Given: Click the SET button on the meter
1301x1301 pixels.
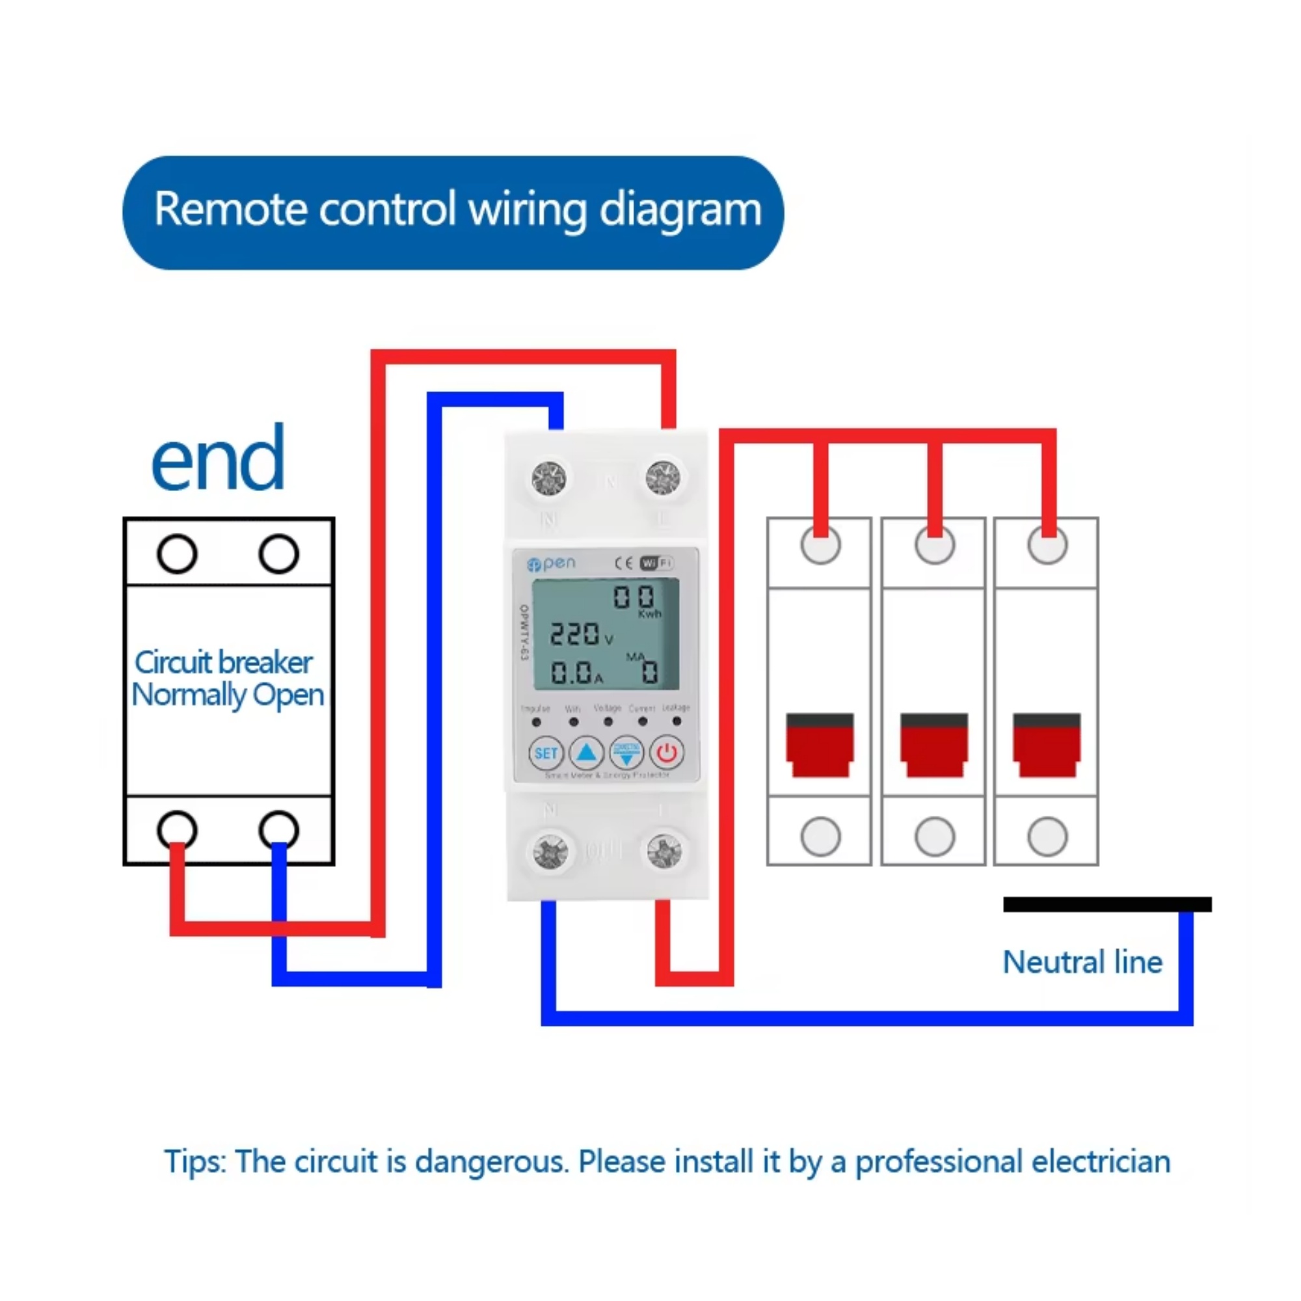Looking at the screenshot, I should pos(546,753).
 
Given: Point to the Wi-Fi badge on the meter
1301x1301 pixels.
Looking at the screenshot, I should pos(656,563).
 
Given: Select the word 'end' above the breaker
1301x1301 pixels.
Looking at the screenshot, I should pos(217,459).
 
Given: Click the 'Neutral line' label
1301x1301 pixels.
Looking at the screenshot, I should pos(1082,962).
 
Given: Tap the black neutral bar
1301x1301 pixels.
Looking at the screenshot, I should pos(1107,904).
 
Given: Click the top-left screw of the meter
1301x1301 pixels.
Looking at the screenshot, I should pos(549,479).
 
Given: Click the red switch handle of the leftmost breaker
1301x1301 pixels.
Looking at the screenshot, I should pos(820,745).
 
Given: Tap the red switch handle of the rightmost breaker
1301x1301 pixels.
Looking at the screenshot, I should pos(1047,745).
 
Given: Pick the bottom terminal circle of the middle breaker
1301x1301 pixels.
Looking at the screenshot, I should pos(934,837).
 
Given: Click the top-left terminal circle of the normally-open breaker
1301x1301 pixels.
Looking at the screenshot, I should pos(177,554).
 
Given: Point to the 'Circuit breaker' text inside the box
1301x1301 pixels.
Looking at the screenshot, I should pos(224,663).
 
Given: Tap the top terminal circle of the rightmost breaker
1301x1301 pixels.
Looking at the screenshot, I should pos(1047,544).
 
